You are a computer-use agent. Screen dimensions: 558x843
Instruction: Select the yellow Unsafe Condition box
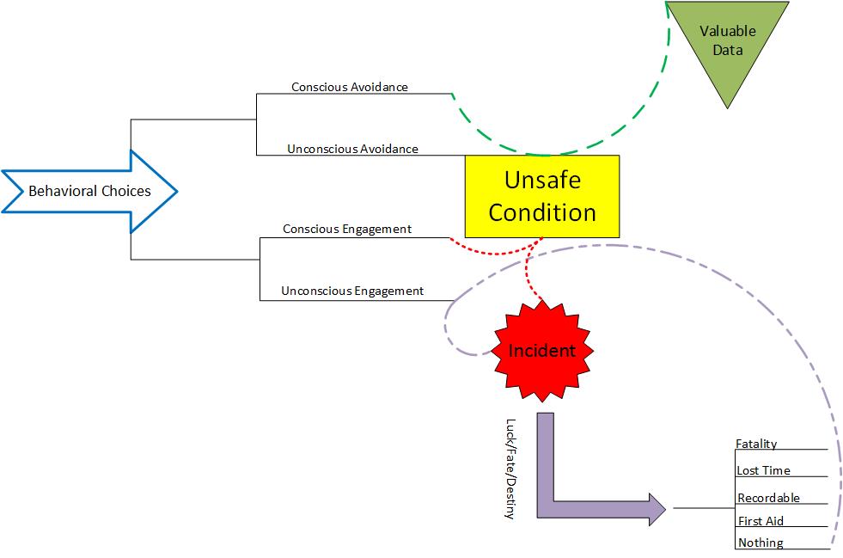click(541, 196)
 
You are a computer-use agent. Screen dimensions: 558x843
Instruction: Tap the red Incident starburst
click(541, 350)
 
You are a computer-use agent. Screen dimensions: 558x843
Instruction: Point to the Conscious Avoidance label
click(350, 87)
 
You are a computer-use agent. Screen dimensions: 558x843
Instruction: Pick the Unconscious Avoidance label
click(352, 149)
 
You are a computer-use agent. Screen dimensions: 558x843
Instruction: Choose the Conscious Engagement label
click(347, 229)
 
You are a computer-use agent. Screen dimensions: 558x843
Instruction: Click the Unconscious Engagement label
click(352, 291)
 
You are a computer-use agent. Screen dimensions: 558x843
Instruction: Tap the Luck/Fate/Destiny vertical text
click(510, 468)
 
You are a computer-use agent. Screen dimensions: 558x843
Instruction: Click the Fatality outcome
click(756, 444)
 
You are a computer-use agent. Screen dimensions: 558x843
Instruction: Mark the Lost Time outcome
click(763, 470)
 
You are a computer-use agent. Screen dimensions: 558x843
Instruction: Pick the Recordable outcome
click(768, 498)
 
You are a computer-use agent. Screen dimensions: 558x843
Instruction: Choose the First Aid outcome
click(761, 521)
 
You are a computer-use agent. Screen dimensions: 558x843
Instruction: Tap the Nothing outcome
click(761, 543)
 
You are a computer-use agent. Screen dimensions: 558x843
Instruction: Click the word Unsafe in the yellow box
click(542, 181)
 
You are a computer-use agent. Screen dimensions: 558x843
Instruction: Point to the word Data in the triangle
click(728, 50)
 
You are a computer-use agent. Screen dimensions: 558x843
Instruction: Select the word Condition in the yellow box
click(542, 212)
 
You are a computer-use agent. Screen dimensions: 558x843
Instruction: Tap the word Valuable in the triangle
click(728, 31)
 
